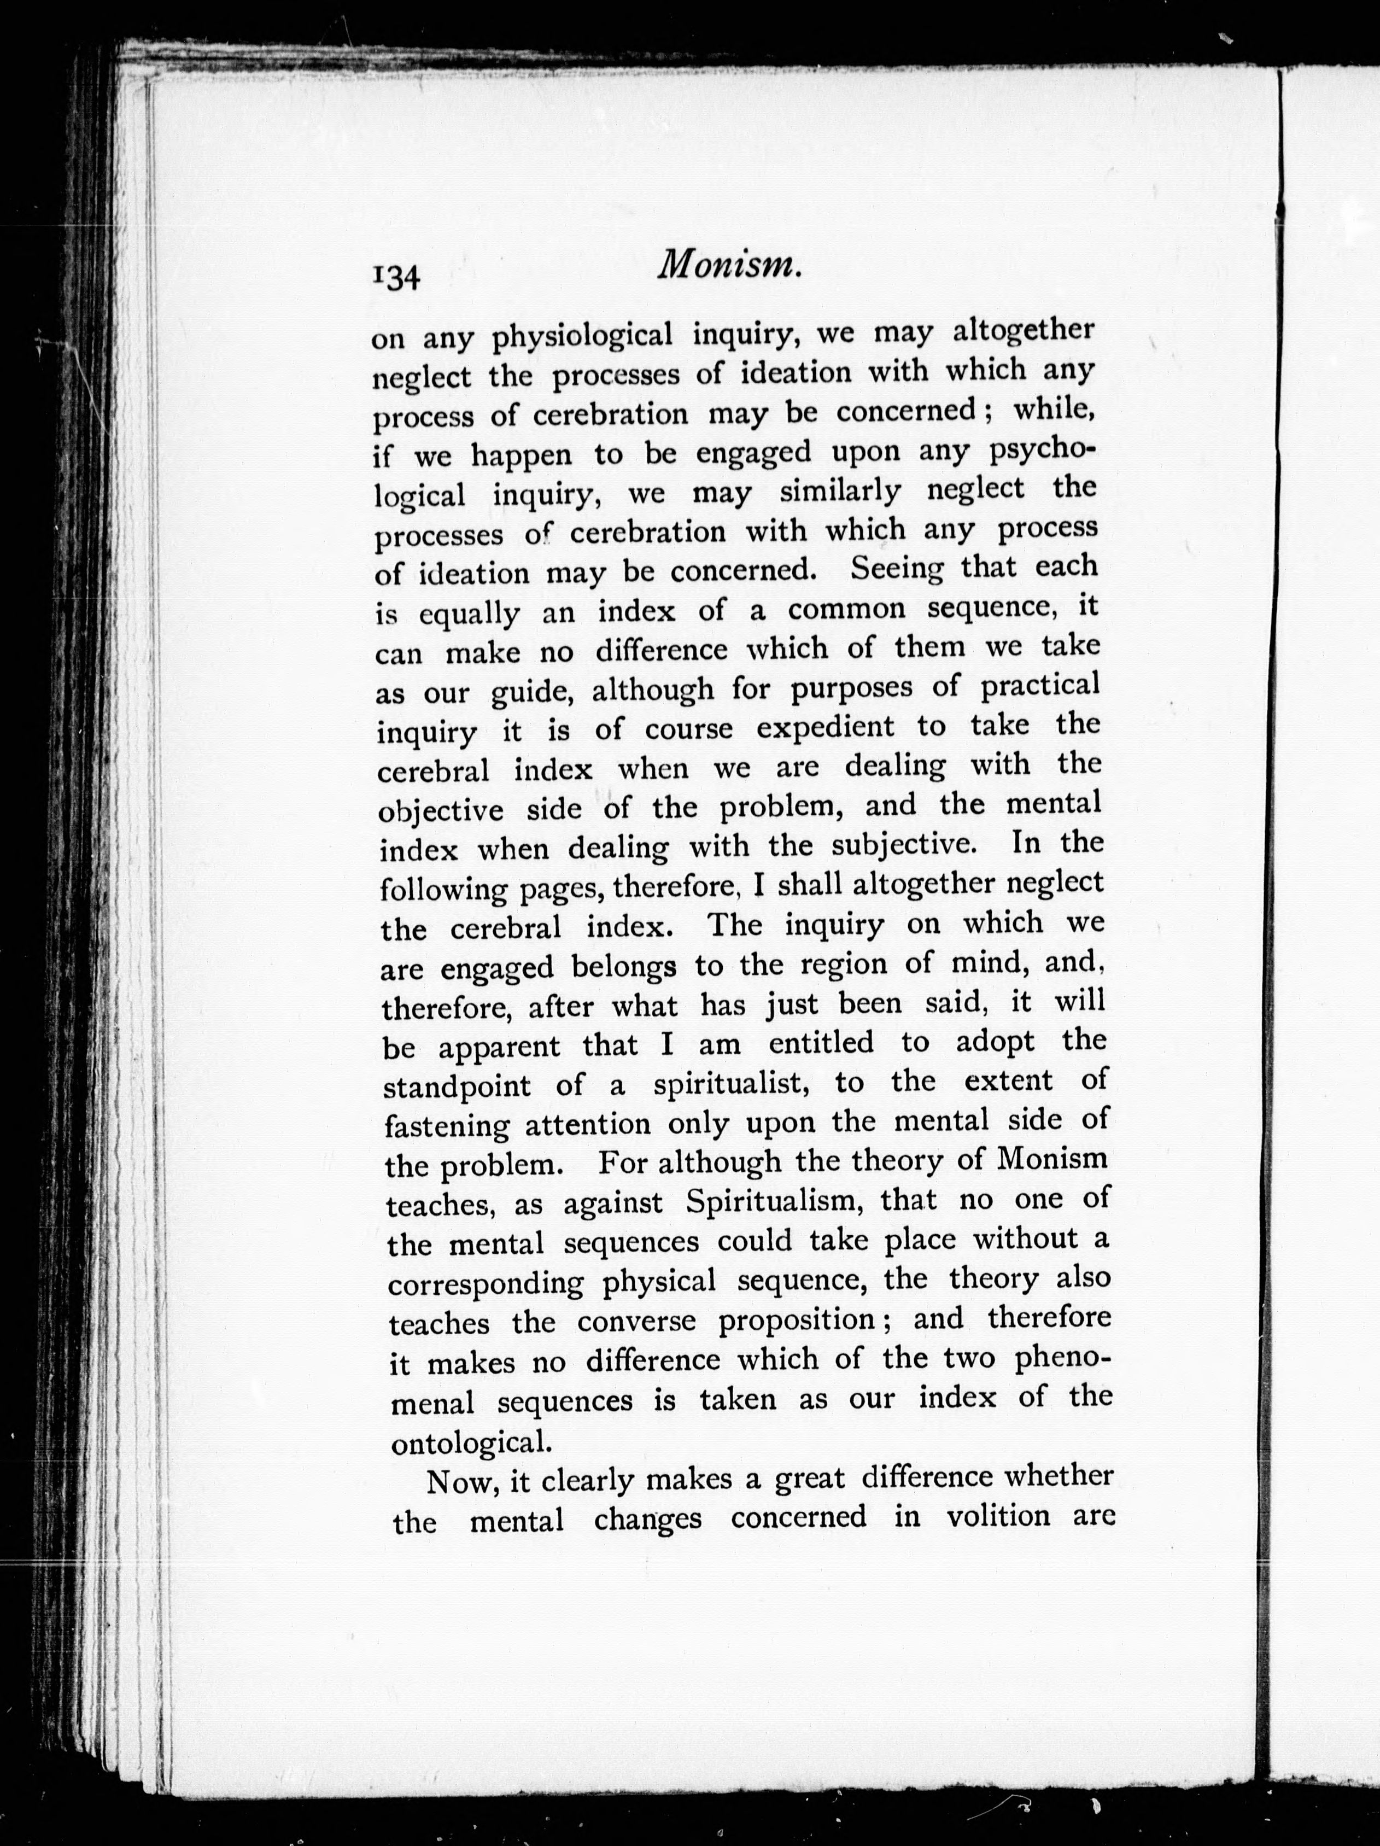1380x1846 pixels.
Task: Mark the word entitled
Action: click(821, 1043)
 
